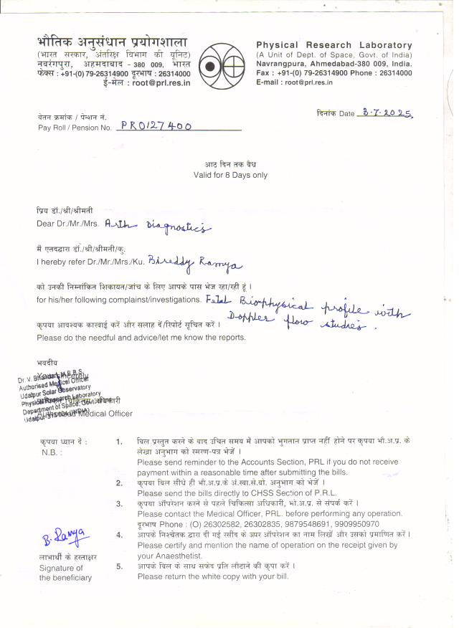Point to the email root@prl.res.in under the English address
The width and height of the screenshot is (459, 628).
[x=290, y=82]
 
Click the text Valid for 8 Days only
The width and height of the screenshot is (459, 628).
[x=229, y=175]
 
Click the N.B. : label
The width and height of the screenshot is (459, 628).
[x=52, y=452]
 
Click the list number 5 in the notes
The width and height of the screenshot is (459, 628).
[x=118, y=566]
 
